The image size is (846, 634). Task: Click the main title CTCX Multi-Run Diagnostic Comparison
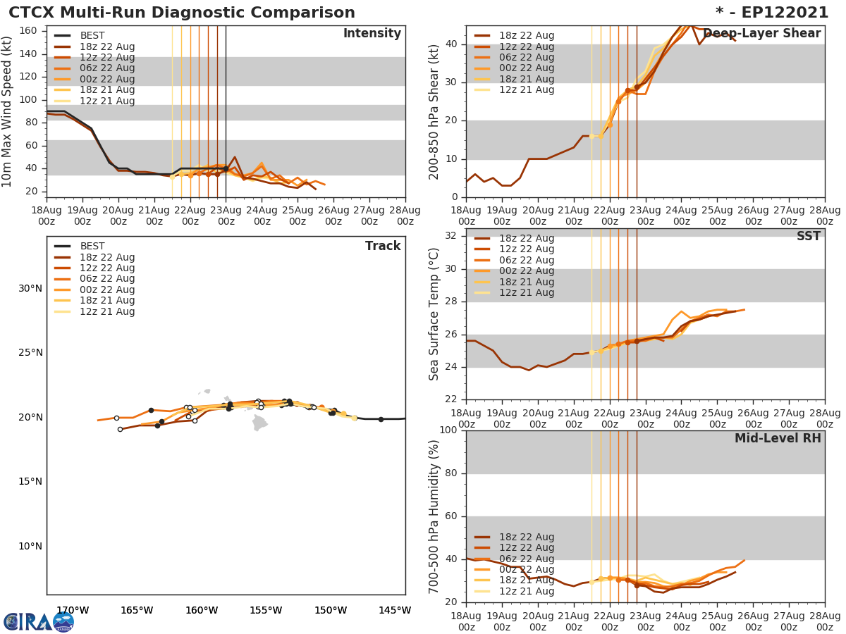182,13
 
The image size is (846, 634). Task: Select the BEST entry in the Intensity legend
92,36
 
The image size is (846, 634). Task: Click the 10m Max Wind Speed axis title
8,111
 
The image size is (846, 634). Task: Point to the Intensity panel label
372,34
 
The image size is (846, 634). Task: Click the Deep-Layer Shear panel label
761,34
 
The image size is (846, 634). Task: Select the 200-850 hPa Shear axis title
435,111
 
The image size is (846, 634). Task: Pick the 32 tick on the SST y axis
450,236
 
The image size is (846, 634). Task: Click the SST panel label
808,237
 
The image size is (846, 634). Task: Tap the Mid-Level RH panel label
777,438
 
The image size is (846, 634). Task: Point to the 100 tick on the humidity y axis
446,430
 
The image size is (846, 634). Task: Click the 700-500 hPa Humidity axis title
435,516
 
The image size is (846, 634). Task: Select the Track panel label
382,246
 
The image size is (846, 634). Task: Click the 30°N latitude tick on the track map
30,288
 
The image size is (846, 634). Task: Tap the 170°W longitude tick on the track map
72,610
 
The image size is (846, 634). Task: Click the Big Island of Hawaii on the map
260,422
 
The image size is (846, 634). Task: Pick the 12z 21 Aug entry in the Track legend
106,312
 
